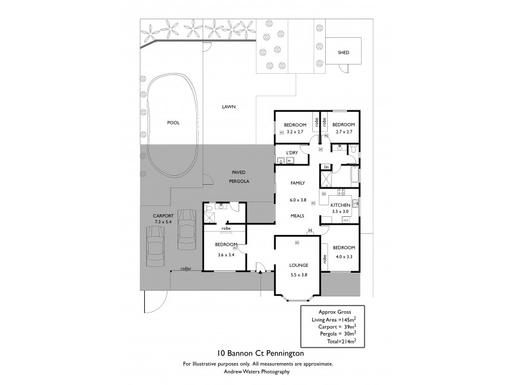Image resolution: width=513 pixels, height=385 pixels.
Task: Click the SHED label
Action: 343,53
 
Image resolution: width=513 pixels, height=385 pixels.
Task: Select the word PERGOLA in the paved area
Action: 239,182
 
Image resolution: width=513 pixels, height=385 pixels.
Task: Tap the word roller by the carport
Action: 187,268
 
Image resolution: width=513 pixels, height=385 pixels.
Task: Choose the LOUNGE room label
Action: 299,265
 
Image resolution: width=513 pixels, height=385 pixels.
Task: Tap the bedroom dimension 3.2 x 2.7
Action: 296,132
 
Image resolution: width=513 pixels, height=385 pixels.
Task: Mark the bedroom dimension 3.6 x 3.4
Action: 226,254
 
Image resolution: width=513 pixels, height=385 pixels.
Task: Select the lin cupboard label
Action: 326,167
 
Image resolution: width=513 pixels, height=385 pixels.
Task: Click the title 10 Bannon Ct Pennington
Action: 256,354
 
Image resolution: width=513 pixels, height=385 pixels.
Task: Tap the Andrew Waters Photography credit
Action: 256,372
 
